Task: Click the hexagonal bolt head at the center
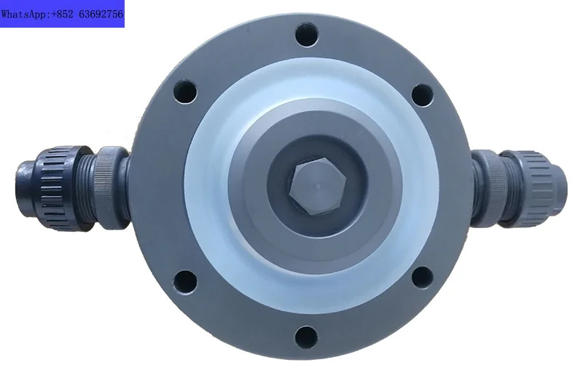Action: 318,186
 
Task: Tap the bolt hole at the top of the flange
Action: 307,34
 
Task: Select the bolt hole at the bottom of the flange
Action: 306,337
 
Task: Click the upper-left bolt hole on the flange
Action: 185,91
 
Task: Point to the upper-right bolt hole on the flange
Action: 423,95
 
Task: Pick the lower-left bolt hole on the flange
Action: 185,282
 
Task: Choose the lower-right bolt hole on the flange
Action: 423,278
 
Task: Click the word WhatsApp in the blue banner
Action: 25,15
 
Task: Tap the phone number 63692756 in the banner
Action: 101,15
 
